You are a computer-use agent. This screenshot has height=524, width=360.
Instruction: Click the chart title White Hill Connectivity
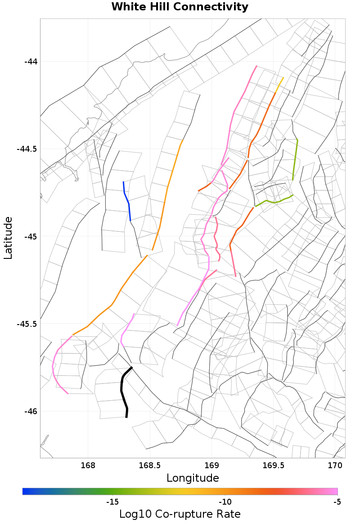click(180, 7)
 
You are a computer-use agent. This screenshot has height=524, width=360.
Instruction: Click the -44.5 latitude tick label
click(28, 149)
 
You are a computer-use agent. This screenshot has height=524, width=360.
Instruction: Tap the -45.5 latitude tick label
click(28, 324)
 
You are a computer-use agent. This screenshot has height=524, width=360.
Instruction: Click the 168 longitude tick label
click(88, 465)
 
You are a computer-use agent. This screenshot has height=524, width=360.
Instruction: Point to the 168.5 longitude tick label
click(149, 465)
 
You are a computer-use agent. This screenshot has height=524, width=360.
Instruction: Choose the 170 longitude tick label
click(335, 465)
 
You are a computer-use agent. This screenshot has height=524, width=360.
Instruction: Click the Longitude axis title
click(193, 478)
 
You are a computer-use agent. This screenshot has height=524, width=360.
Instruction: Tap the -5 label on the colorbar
click(337, 501)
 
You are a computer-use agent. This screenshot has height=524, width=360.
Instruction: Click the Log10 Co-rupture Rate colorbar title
click(180, 514)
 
